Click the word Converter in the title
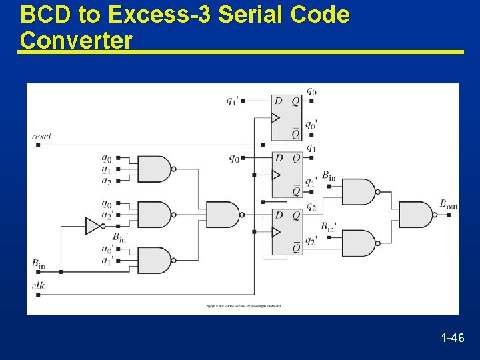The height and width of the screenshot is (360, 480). [x=76, y=40]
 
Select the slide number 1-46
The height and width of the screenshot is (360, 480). [x=453, y=339]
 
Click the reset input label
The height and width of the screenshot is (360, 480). [x=41, y=136]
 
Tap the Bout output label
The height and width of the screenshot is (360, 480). [x=448, y=205]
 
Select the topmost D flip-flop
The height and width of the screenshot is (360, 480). [x=287, y=117]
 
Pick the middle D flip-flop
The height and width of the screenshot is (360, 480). [x=287, y=175]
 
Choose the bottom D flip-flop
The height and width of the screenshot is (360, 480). [x=287, y=232]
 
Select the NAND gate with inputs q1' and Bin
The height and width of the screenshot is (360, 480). [x=359, y=191]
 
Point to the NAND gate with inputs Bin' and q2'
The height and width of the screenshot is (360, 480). [x=359, y=243]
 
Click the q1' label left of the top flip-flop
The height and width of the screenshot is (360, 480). [x=232, y=101]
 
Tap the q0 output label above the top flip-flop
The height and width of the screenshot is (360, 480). [x=311, y=91]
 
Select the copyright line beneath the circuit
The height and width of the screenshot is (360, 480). [x=242, y=307]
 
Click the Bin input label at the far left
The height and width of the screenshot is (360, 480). [x=39, y=263]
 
